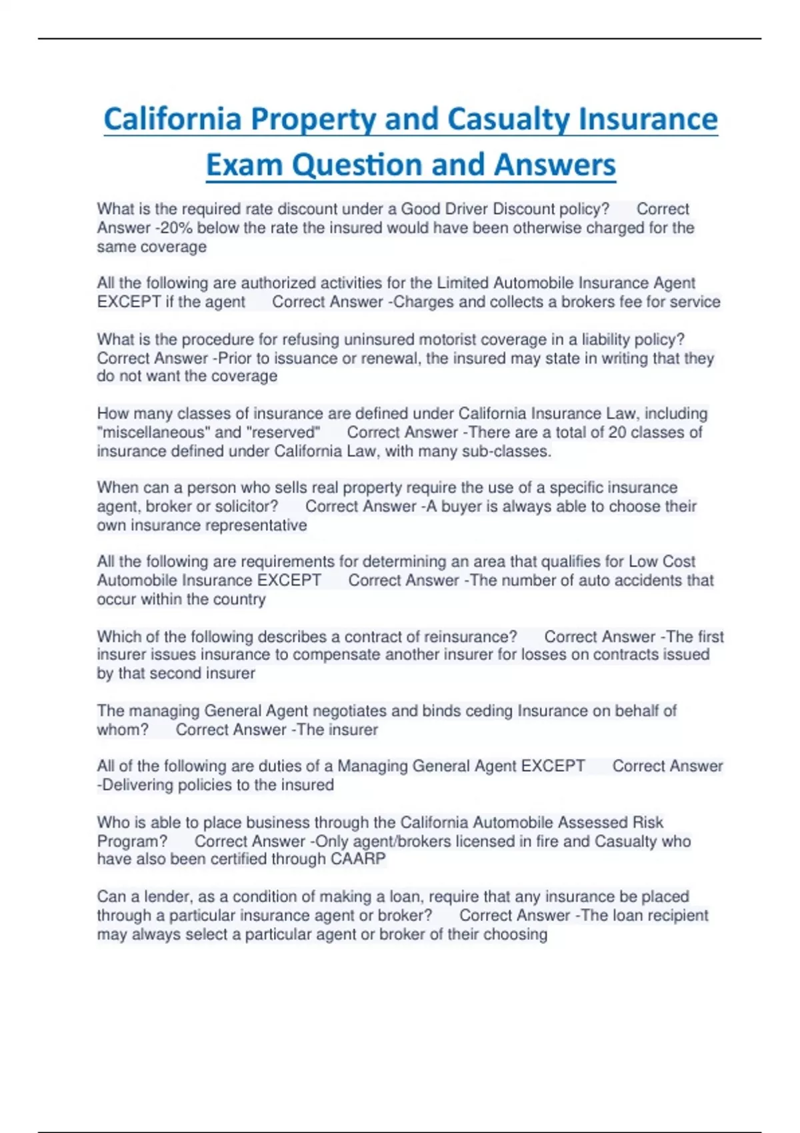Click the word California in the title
pyautogui.click(x=172, y=119)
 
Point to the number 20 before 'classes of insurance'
pyautogui.click(x=617, y=433)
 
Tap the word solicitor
pyautogui.click(x=247, y=507)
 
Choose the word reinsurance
pyautogui.click(x=471, y=636)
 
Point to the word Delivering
pyautogui.click(x=139, y=785)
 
